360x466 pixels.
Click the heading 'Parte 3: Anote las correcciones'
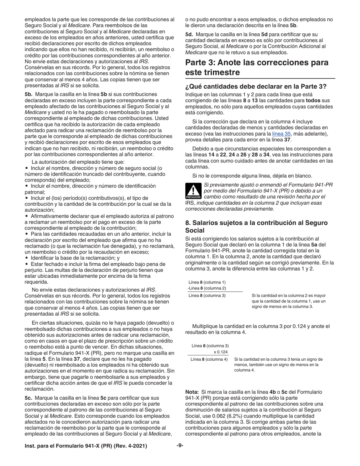pyautogui.click(x=257, y=67)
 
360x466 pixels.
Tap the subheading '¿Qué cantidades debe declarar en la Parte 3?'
pyautogui.click(x=256, y=86)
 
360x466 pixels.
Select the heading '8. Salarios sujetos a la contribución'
pyautogui.click(x=256, y=227)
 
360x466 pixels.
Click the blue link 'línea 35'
pyautogui.click(x=281, y=134)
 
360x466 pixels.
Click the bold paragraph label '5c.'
pyautogui.click(x=30, y=398)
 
